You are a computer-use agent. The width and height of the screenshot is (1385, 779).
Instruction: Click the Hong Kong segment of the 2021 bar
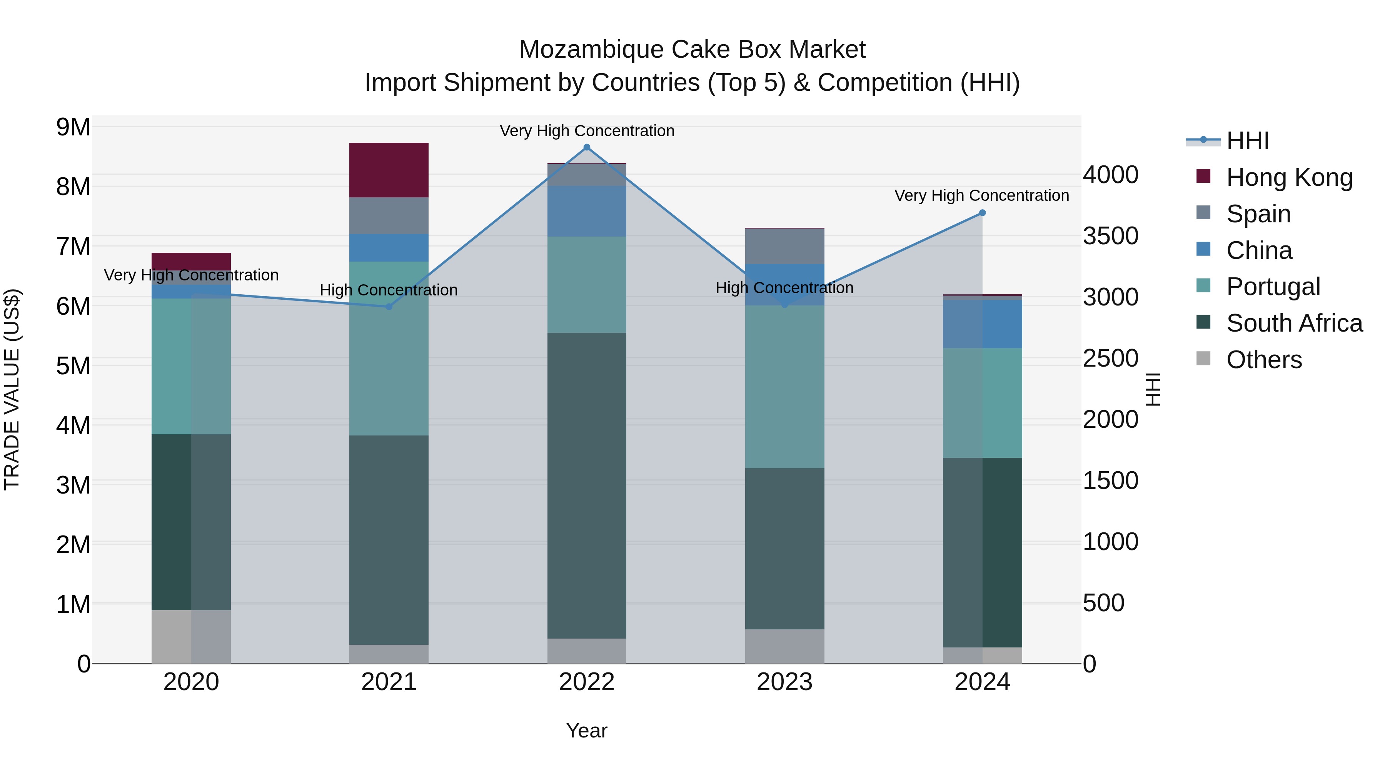tap(389, 170)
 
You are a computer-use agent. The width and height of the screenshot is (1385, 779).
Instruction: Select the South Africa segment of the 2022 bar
tap(587, 485)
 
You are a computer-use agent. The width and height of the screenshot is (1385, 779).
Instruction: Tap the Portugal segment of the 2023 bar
tap(784, 387)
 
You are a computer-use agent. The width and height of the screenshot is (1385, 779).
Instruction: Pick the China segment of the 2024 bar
tap(982, 324)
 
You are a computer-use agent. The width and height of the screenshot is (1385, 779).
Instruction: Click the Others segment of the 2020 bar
tap(191, 637)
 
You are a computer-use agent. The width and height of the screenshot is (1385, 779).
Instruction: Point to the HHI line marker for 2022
tap(587, 147)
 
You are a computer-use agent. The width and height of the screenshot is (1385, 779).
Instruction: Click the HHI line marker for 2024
tap(982, 213)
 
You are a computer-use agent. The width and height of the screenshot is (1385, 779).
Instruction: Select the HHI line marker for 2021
tap(389, 307)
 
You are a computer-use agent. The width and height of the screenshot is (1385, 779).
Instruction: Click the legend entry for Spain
tap(1258, 214)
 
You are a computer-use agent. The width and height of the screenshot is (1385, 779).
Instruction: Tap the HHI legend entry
tap(1247, 141)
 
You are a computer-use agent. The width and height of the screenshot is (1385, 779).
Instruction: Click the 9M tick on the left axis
tap(73, 127)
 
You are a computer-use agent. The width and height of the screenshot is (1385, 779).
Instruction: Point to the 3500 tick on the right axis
tap(1110, 236)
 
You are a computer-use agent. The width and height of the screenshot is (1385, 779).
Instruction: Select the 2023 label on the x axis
tap(784, 682)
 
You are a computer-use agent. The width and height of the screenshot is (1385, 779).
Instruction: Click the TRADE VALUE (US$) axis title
tap(12, 389)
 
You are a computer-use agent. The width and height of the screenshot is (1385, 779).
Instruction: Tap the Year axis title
tap(587, 731)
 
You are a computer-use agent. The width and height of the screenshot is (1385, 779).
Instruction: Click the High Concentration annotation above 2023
tap(784, 288)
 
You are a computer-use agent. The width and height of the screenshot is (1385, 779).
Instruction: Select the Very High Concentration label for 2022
tap(587, 131)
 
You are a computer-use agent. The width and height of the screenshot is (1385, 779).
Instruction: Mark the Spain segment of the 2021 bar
tap(389, 215)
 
